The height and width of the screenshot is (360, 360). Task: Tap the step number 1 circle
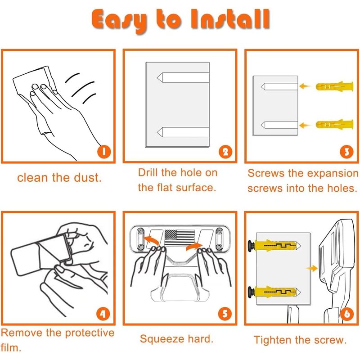104,152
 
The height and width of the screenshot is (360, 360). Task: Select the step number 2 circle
225,152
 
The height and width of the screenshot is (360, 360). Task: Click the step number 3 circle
346,152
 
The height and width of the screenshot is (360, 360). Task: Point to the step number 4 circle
103,314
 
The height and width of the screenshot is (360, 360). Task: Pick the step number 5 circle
225,314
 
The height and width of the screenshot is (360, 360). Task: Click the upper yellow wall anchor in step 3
334,86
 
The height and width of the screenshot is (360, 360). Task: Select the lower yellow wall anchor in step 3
334,124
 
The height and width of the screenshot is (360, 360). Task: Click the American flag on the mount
179,238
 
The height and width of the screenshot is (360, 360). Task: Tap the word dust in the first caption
88,177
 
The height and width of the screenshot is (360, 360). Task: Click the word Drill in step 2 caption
148,172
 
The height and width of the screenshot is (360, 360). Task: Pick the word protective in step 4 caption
90,333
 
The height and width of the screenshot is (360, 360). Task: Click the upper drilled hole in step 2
183,77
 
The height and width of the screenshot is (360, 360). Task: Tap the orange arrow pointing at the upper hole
305,86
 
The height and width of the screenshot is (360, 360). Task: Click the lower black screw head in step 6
252,292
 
